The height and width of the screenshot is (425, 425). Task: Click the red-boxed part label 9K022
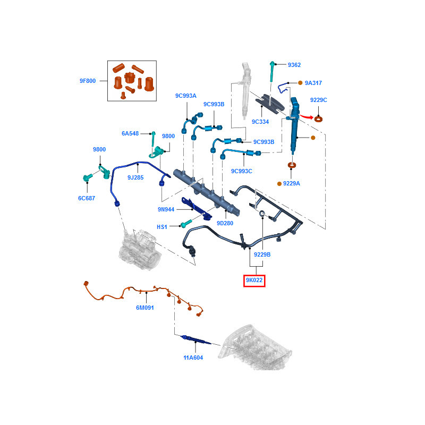254,280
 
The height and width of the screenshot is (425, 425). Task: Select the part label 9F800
88,81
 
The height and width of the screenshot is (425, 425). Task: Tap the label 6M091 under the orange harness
144,308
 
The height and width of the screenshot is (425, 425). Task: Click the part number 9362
294,65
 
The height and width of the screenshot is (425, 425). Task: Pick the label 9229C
319,100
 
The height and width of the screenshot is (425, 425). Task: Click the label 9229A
292,183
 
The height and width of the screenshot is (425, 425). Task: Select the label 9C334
260,122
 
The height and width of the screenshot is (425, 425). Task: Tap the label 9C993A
186,96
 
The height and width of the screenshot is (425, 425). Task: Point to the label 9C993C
241,171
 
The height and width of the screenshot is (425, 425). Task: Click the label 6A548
130,134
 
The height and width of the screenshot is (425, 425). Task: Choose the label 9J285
135,177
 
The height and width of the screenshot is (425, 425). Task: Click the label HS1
162,227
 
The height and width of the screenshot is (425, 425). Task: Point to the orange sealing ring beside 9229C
319,118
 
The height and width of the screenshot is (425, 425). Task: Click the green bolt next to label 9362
272,71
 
